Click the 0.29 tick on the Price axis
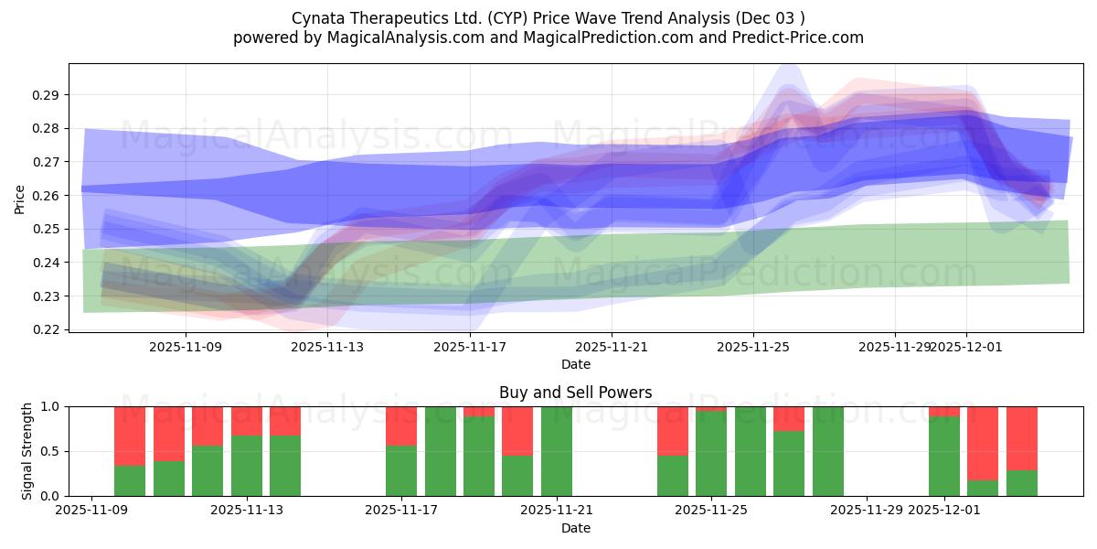[x=47, y=95]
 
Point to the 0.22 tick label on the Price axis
[x=47, y=329]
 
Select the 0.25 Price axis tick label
[x=47, y=229]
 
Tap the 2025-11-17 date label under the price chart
[x=470, y=347]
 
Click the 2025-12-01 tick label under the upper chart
[x=967, y=347]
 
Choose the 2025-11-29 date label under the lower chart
[x=867, y=510]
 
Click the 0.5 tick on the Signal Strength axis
[x=50, y=451]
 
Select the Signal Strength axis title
[x=27, y=450]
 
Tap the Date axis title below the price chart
[x=576, y=364]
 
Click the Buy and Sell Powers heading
[x=576, y=393]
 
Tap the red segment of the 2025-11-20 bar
[x=517, y=430]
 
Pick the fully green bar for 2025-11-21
[x=557, y=451]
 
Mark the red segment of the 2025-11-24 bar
[x=673, y=430]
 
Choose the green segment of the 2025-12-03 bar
[x=1022, y=483]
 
